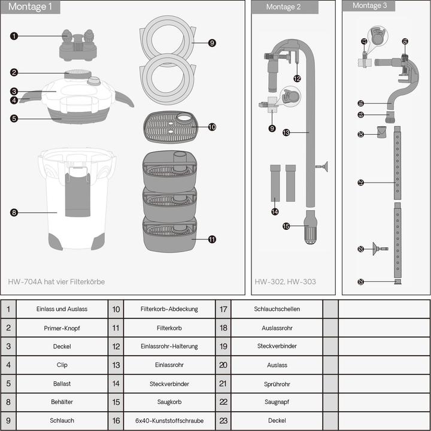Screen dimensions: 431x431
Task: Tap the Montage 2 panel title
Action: pyautogui.click(x=280, y=7)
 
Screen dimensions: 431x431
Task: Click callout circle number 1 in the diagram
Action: pyautogui.click(x=14, y=36)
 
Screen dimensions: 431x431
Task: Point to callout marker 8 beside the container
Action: pyautogui.click(x=14, y=212)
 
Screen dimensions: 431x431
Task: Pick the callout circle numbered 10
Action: pyautogui.click(x=212, y=127)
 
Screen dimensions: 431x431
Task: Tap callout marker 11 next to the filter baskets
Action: pyautogui.click(x=212, y=239)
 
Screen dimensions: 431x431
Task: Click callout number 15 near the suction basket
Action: pyautogui.click(x=286, y=226)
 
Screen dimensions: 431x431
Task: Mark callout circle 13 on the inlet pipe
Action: pyautogui.click(x=286, y=132)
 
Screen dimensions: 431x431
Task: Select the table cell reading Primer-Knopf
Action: pyautogui.click(x=62, y=328)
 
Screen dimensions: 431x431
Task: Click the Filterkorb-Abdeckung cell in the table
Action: pyautogui.click(x=169, y=309)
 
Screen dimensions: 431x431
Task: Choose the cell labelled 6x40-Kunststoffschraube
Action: pyautogui.click(x=169, y=421)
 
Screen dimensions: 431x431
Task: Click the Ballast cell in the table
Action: pyautogui.click(x=62, y=384)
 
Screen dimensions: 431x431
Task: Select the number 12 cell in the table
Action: pyautogui.click(x=116, y=347)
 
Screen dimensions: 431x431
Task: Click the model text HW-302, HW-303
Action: pyautogui.click(x=285, y=281)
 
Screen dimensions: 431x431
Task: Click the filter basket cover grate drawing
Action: pyautogui.click(x=170, y=127)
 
